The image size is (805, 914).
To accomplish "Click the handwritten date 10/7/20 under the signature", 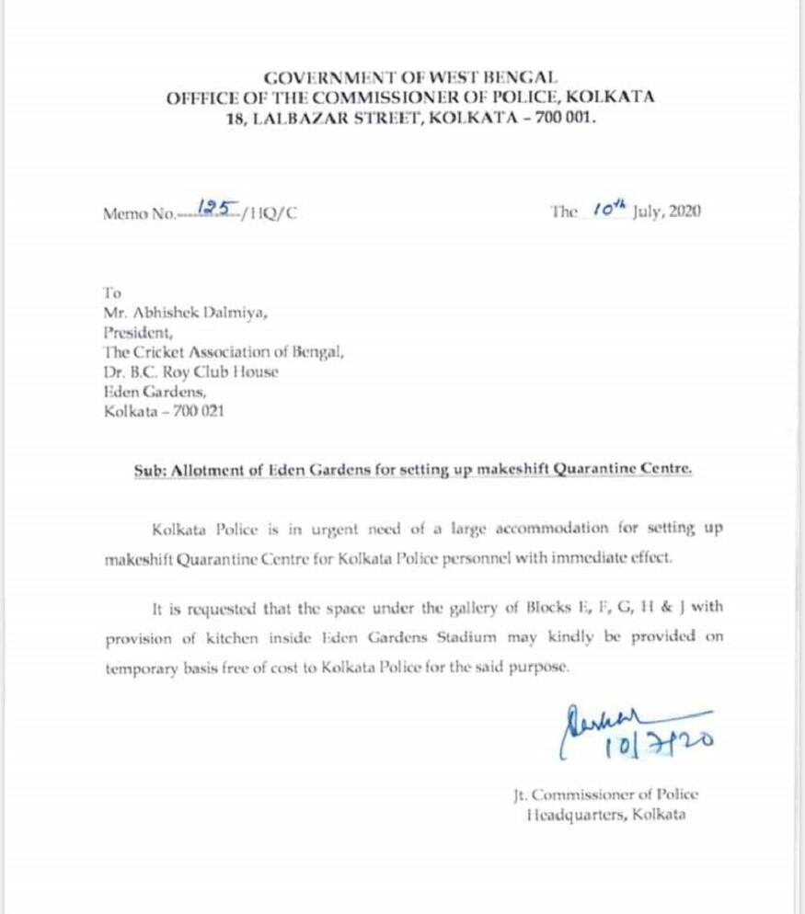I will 657,742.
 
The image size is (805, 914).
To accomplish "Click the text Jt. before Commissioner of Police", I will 523,794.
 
